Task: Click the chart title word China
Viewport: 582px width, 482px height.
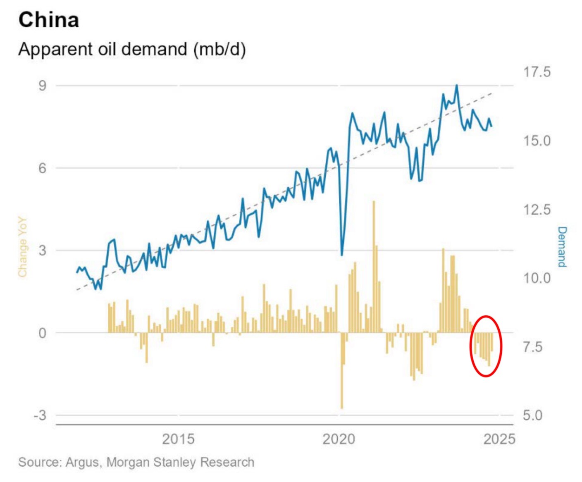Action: pyautogui.click(x=49, y=20)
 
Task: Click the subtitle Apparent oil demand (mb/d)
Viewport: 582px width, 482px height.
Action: pyautogui.click(x=132, y=49)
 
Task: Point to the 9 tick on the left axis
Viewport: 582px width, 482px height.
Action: pyautogui.click(x=42, y=86)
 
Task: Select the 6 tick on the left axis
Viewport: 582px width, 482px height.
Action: pyautogui.click(x=42, y=168)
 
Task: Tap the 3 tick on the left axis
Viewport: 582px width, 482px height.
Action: pyautogui.click(x=42, y=251)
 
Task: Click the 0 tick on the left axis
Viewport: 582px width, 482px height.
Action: pyautogui.click(x=42, y=333)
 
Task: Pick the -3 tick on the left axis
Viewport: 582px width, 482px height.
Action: pyautogui.click(x=40, y=415)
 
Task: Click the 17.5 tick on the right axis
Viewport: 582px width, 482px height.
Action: pyautogui.click(x=537, y=72)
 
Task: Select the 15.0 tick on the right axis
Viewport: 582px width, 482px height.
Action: pyautogui.click(x=537, y=141)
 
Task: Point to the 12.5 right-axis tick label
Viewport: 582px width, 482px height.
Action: pyautogui.click(x=537, y=210)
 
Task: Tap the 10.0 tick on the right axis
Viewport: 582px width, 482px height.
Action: pyautogui.click(x=537, y=278)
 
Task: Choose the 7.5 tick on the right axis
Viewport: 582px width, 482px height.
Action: pyautogui.click(x=532, y=347)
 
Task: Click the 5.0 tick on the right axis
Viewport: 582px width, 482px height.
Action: pyautogui.click(x=532, y=415)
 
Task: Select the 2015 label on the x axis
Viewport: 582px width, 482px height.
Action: pyautogui.click(x=178, y=439)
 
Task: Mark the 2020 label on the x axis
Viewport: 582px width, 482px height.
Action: pyautogui.click(x=339, y=439)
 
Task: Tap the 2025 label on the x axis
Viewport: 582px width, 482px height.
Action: pyautogui.click(x=499, y=439)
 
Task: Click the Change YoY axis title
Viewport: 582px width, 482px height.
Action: pyautogui.click(x=22, y=247)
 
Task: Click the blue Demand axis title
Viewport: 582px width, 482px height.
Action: pyautogui.click(x=562, y=247)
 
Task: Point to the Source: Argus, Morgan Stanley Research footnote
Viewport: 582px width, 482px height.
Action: pyautogui.click(x=136, y=462)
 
